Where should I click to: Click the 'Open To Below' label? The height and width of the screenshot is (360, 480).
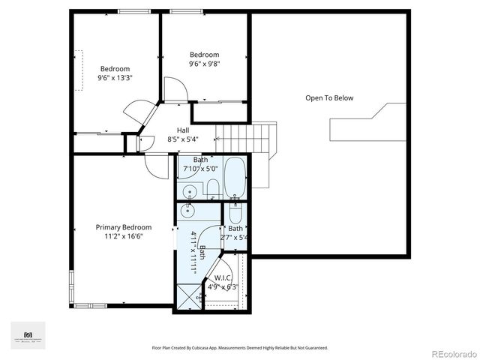click(x=328, y=98)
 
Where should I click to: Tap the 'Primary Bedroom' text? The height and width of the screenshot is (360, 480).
click(x=123, y=227)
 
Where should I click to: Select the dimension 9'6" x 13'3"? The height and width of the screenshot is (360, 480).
click(x=115, y=78)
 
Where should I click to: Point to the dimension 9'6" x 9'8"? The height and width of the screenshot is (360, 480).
click(x=204, y=64)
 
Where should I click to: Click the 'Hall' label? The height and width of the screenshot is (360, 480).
click(x=182, y=130)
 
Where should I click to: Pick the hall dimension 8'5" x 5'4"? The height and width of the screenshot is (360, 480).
click(x=182, y=139)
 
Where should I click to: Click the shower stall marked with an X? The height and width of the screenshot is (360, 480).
click(x=186, y=297)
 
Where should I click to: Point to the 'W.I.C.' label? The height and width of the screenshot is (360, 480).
click(x=223, y=277)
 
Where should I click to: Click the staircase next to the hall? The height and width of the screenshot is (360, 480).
click(x=246, y=136)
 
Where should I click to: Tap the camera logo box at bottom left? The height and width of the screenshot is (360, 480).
click(x=28, y=335)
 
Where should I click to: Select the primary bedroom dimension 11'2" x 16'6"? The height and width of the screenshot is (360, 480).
click(x=123, y=236)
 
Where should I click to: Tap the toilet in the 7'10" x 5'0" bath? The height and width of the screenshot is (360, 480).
click(x=212, y=187)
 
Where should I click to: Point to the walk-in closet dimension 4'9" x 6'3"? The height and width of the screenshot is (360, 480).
click(x=223, y=286)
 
